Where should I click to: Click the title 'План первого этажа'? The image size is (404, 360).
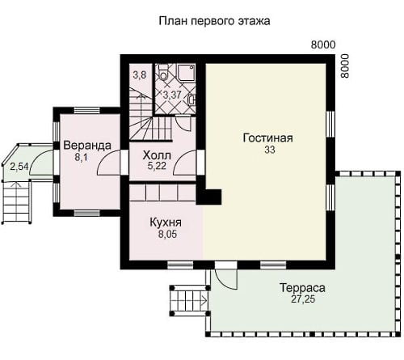click(x=214, y=21)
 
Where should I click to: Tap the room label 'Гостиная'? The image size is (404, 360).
click(x=268, y=138)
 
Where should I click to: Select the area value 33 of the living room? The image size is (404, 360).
click(x=270, y=150)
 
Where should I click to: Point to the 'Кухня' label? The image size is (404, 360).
click(x=166, y=222)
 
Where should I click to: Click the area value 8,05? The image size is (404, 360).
click(x=167, y=235)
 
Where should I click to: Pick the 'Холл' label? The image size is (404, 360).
click(x=157, y=155)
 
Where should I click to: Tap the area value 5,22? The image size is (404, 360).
click(x=157, y=166)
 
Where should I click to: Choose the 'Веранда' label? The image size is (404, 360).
click(x=87, y=146)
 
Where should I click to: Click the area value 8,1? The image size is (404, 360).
click(x=81, y=157)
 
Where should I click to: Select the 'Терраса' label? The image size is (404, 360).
click(x=302, y=288)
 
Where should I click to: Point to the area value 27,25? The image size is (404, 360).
click(x=303, y=299)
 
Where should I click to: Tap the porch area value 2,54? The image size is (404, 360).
click(x=19, y=167)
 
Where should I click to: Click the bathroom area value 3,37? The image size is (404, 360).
click(x=172, y=95)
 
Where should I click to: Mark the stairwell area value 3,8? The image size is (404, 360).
click(x=140, y=75)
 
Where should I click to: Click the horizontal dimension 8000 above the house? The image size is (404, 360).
click(x=323, y=44)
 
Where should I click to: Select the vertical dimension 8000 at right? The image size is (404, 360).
click(x=344, y=66)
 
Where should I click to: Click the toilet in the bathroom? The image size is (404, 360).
click(x=163, y=72)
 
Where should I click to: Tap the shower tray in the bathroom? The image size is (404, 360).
click(x=186, y=72)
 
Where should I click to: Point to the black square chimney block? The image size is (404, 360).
click(x=209, y=197)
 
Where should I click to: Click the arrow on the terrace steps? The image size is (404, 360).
click(x=204, y=300)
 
